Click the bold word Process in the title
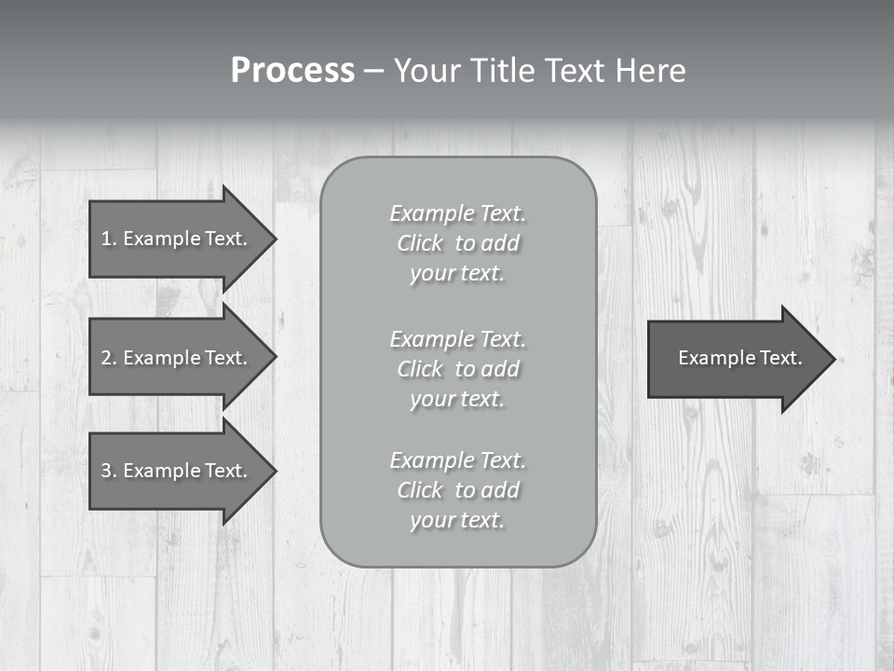(x=292, y=71)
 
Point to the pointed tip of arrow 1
(x=274, y=239)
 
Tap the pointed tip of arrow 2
(x=274, y=358)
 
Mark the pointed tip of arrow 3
(x=274, y=471)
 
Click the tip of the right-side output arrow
(x=833, y=359)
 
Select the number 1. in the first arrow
(x=109, y=239)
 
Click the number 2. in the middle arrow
(x=109, y=358)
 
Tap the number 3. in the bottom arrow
(x=109, y=471)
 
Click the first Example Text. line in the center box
(x=457, y=213)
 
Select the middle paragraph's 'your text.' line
(x=457, y=399)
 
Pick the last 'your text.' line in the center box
(x=457, y=520)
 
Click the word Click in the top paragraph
(x=419, y=243)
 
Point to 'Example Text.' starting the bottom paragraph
(x=457, y=460)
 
